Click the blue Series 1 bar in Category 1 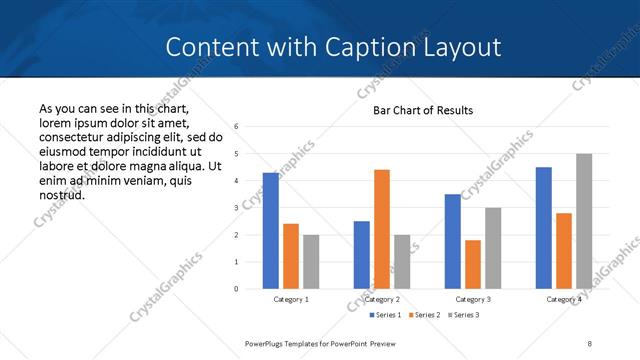click(271, 231)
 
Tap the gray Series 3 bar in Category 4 click(584, 221)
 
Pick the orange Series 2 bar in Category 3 click(473, 264)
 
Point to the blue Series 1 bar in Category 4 click(544, 228)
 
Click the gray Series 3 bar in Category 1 click(311, 262)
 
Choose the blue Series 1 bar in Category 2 click(362, 255)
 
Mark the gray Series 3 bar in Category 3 click(493, 248)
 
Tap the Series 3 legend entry click(466, 315)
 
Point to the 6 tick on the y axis click(236, 127)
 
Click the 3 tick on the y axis click(236, 208)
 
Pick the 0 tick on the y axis click(236, 289)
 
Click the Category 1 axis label click(291, 299)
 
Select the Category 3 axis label click(473, 299)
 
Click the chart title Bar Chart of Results click(423, 110)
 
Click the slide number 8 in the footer click(590, 343)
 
